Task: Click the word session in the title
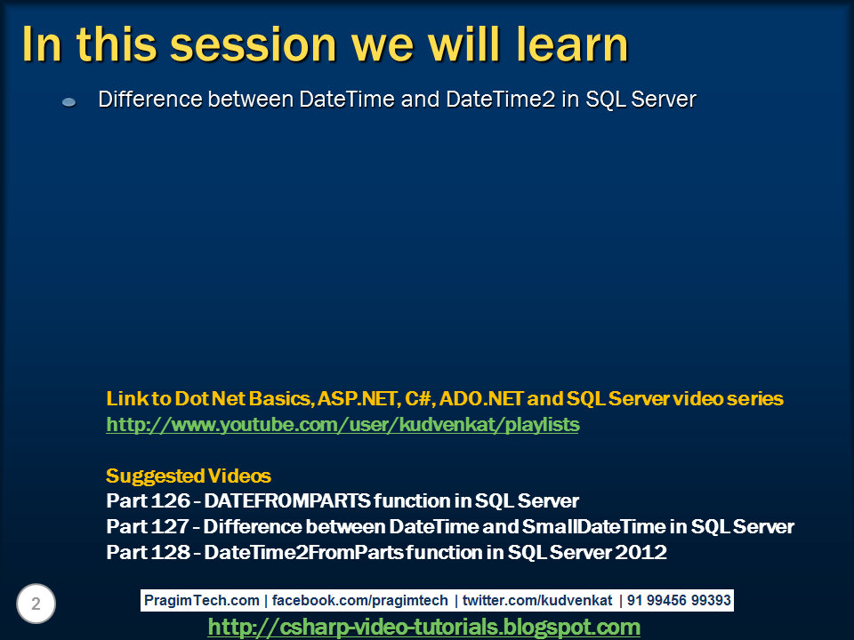[x=254, y=44]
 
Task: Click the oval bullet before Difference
[x=69, y=101]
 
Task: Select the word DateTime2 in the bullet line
[x=501, y=100]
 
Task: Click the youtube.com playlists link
[x=342, y=425]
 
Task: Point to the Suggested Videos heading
[x=189, y=476]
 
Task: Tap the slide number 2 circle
[x=36, y=604]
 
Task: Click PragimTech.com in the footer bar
[x=202, y=600]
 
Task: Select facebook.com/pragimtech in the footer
[x=359, y=600]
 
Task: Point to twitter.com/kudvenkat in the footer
[x=537, y=600]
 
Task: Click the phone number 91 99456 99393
[x=679, y=600]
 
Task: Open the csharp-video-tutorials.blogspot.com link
[x=423, y=627]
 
